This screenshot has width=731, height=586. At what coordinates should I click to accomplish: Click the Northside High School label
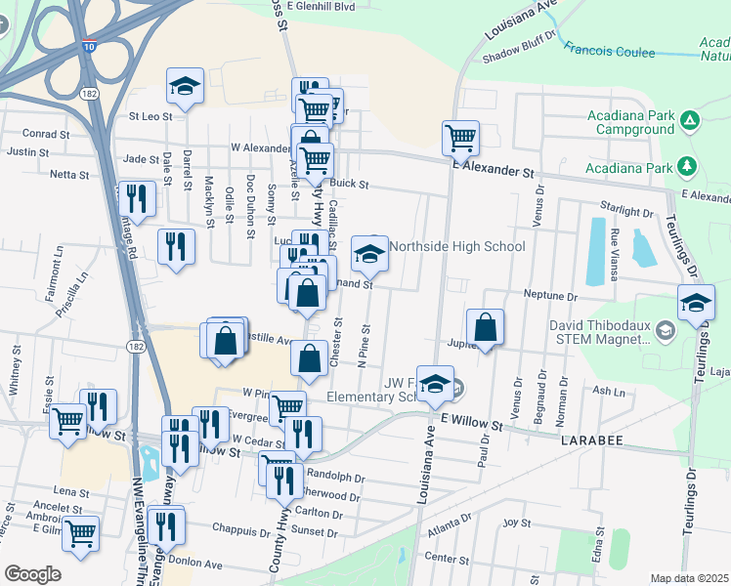pos(457,246)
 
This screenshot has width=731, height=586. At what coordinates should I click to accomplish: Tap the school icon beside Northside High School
pos(368,254)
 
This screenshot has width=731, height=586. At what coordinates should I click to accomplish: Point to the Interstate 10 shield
pos(90,46)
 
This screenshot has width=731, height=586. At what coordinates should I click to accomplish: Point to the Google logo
pos(32,574)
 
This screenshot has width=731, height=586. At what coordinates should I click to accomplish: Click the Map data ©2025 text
pos(690,579)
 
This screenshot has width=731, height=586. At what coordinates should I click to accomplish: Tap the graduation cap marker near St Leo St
pos(184,86)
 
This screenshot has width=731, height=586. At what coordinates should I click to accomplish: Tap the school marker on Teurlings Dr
pos(696,303)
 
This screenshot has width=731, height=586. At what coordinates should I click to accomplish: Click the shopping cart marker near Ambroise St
pos(80,533)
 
